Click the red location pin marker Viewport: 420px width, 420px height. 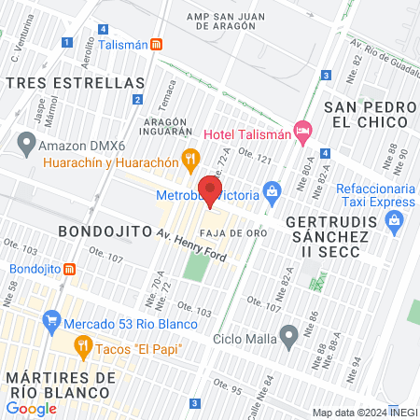(211, 190)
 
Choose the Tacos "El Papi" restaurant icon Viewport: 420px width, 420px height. (84, 346)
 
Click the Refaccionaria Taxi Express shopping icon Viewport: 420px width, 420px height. (393, 221)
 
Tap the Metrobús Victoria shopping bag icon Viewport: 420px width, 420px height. (272, 195)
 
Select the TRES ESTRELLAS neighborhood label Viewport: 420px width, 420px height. (75, 83)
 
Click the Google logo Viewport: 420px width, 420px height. (31, 408)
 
